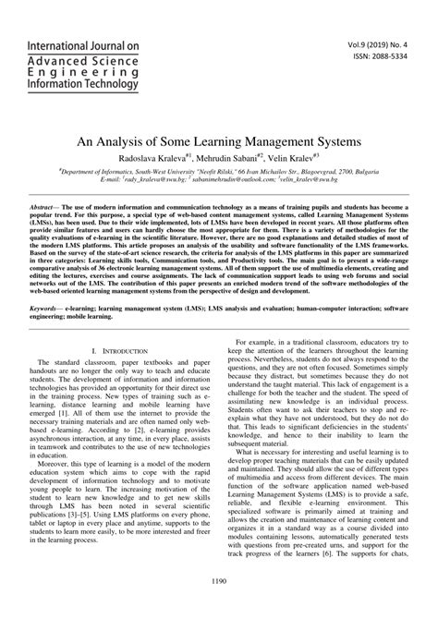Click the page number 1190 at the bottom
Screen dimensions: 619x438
point(218,606)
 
